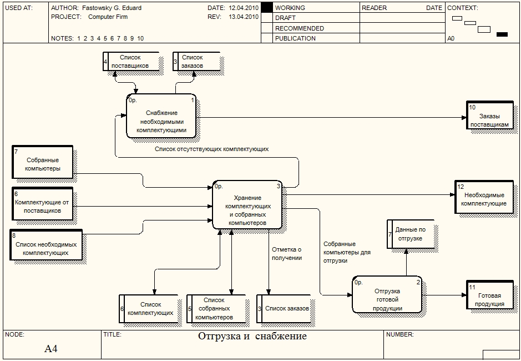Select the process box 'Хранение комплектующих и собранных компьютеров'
pos(247,205)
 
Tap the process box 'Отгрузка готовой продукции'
pos(387,294)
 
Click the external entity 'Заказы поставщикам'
pos(489,116)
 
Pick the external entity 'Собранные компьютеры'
pos(43,162)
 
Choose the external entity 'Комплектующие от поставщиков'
pos(43,203)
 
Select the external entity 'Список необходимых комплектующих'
pos(46,245)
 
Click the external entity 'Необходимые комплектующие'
pos(483,197)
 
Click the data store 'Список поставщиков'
pos(131,61)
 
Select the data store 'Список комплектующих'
pos(149,308)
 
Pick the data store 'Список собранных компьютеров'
pos(217,309)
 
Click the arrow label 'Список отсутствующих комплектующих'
pos(211,149)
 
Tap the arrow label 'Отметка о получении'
pos(287,253)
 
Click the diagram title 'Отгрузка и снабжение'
pos(252,337)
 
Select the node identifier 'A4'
pos(51,349)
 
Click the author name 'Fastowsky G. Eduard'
pos(112,8)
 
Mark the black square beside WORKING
pos(267,8)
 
